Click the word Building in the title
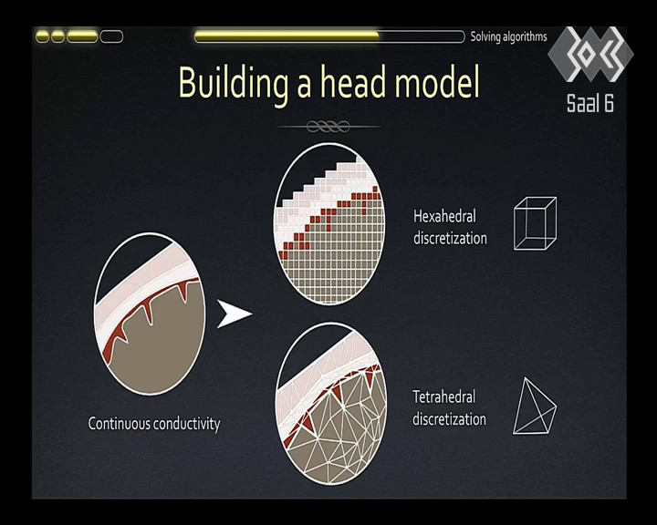tap(234, 83)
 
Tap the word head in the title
tap(352, 81)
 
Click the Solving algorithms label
tap(508, 36)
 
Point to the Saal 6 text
tap(590, 103)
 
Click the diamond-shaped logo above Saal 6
tap(590, 54)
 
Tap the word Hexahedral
tap(444, 216)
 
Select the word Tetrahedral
tap(444, 396)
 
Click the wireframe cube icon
tap(536, 223)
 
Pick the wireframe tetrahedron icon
tap(535, 407)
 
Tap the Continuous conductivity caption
tap(154, 424)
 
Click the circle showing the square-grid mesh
tap(329, 223)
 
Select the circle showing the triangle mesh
tap(331, 404)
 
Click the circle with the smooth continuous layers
tap(150, 314)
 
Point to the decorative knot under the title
tap(328, 126)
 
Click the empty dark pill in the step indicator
tap(111, 36)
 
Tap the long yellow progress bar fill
tap(287, 36)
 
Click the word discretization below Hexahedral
tap(450, 238)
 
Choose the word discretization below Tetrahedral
tap(449, 419)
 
